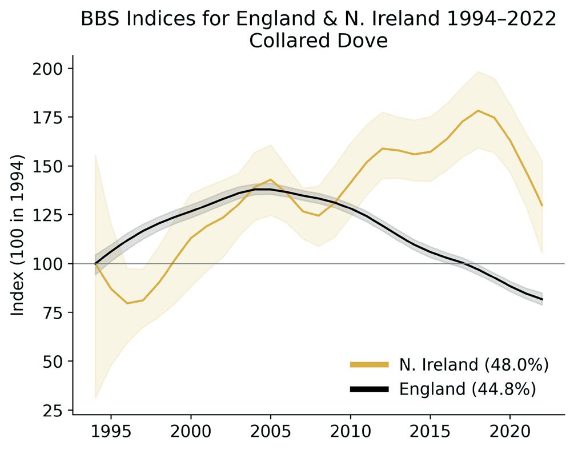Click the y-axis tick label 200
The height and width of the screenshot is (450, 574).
(47, 69)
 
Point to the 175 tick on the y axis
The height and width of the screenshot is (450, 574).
(47, 118)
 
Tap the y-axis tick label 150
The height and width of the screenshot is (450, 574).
(47, 166)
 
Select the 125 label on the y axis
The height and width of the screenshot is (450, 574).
(47, 215)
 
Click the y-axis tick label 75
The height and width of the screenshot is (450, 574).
(53, 313)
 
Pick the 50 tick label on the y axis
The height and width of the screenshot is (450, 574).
(53, 361)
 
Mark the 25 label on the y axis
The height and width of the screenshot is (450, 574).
(53, 411)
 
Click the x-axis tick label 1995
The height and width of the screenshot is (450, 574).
(111, 432)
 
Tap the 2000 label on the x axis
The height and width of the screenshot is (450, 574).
(191, 432)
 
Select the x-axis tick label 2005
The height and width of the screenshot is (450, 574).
(271, 432)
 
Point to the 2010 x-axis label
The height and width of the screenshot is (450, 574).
(350, 432)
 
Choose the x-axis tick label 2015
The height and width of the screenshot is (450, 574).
(430, 432)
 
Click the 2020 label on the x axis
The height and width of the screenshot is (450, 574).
(510, 432)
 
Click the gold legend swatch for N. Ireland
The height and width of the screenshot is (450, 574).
(370, 364)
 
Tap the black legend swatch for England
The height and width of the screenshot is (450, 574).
(370, 389)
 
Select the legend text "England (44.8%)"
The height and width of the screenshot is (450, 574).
(467, 389)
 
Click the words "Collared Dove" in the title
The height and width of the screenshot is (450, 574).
(319, 41)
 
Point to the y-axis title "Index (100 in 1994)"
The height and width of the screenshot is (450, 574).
(17, 235)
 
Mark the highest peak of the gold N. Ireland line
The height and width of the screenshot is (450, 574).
(478, 110)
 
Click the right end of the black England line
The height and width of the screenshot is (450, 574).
(542, 299)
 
